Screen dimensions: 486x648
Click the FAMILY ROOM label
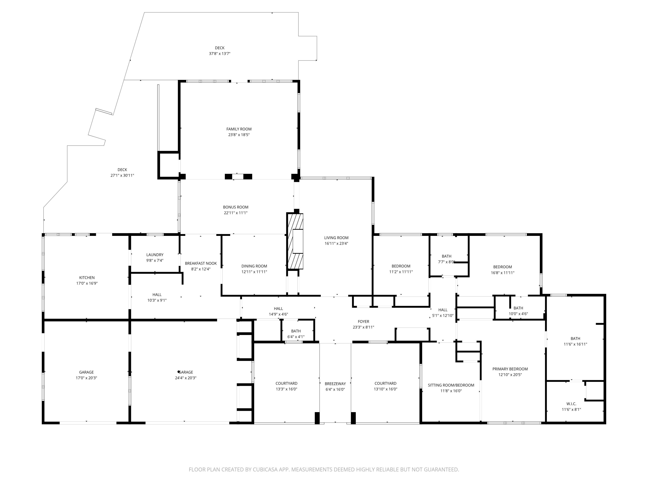pos(239,129)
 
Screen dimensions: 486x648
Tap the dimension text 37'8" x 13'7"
pos(219,54)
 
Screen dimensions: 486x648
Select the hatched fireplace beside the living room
pos(295,241)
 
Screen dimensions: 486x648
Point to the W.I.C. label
pos(571,404)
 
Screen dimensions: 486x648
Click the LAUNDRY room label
pos(155,255)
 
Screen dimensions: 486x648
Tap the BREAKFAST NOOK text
pos(201,263)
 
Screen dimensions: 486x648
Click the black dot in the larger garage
pos(178,372)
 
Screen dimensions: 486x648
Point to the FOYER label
pos(363,321)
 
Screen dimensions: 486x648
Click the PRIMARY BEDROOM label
pos(510,369)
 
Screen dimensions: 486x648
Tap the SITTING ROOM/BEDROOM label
pos(451,385)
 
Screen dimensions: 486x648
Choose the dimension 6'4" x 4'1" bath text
pos(296,337)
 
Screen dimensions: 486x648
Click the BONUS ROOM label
pos(235,207)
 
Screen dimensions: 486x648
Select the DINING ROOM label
pos(254,266)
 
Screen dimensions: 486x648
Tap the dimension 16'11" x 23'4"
pos(336,243)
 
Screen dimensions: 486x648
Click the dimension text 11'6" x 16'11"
pos(575,344)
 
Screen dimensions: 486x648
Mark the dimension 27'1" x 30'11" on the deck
pos(122,175)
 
